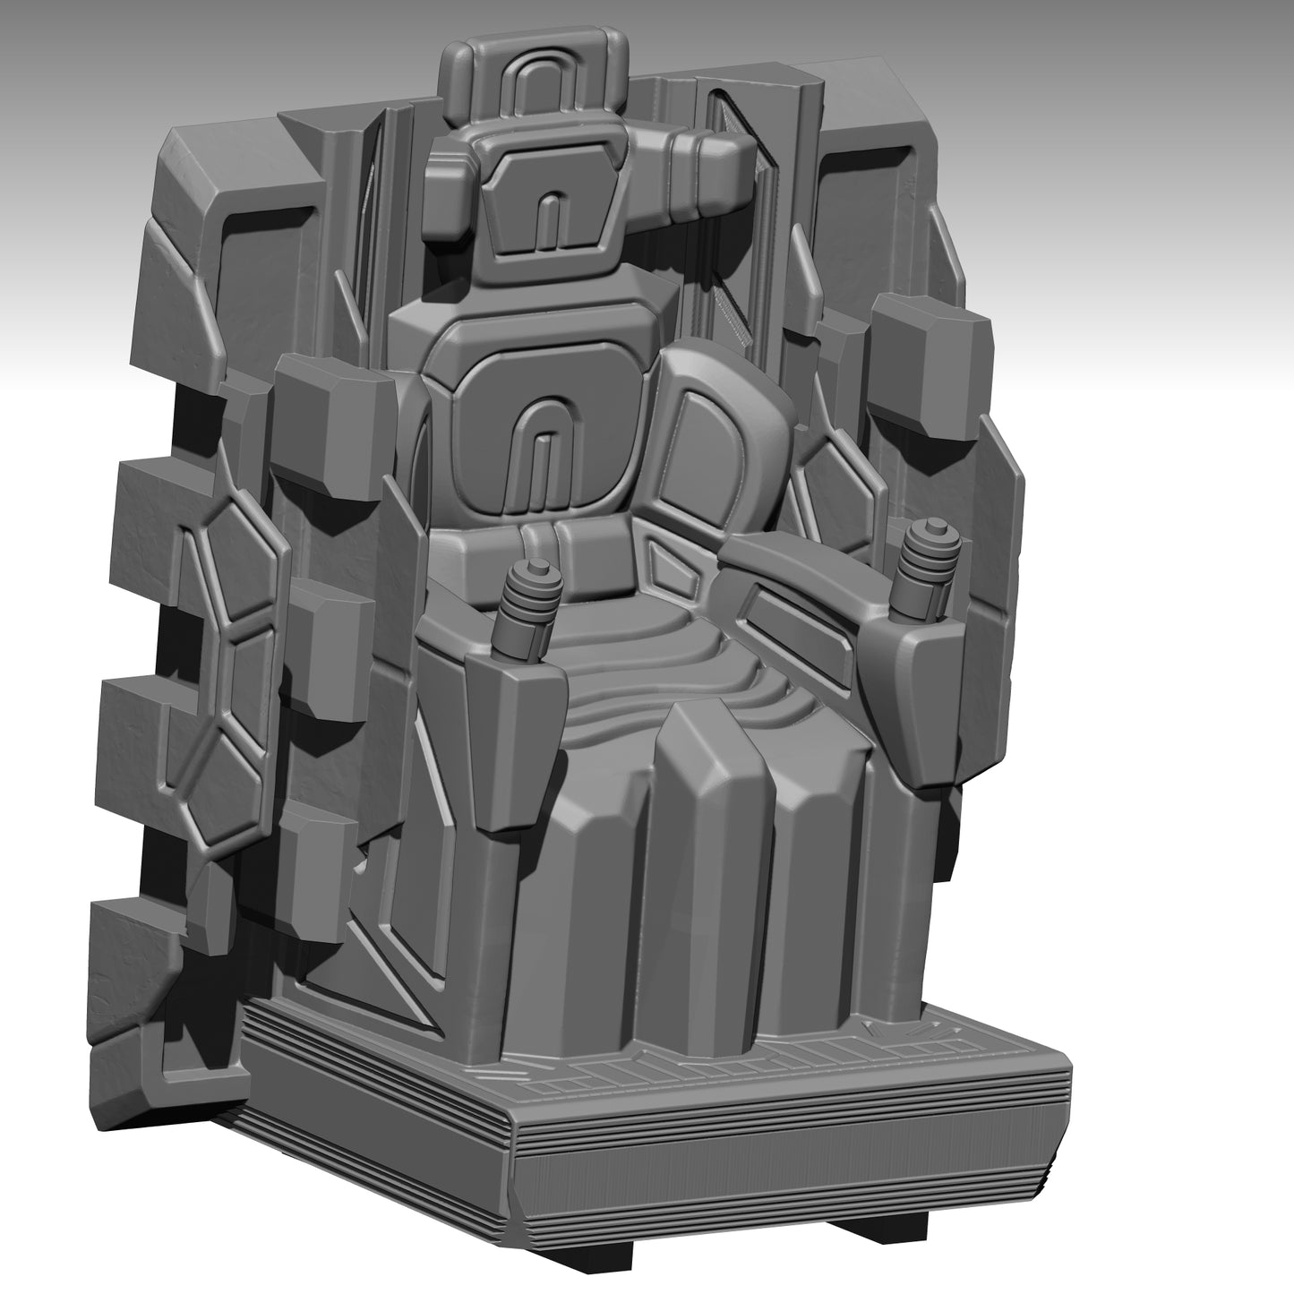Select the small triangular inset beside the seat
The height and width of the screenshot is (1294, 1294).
672,573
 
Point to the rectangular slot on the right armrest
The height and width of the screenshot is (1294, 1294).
797,619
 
